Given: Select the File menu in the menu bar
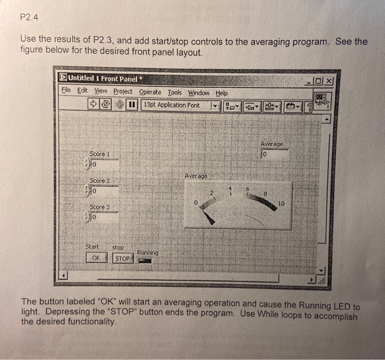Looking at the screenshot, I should pyautogui.click(x=65, y=91).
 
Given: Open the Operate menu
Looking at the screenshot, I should pyautogui.click(x=150, y=92).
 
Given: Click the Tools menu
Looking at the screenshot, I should pyautogui.click(x=174, y=92).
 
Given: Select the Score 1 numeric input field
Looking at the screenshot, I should pyautogui.click(x=105, y=163).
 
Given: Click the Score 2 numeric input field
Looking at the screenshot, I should pyautogui.click(x=105, y=190).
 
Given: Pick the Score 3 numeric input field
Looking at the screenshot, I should pyautogui.click(x=105, y=217).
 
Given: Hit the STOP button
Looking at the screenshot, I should pyautogui.click(x=123, y=258).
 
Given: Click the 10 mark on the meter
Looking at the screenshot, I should pyautogui.click(x=282, y=203).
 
